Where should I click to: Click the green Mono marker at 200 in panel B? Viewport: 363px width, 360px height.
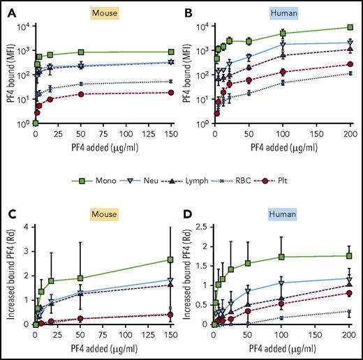click(349, 27)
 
